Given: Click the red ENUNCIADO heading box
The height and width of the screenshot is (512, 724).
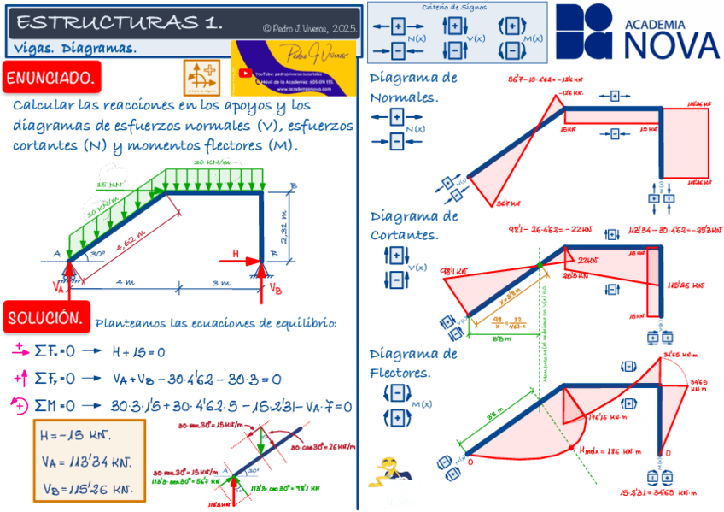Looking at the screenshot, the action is tap(51, 79).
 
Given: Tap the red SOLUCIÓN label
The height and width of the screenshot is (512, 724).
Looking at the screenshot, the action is tap(46, 318).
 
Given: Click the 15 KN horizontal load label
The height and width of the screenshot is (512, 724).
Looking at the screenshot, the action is tap(108, 185).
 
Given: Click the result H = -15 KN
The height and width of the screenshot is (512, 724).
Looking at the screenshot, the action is tap(76, 435).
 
